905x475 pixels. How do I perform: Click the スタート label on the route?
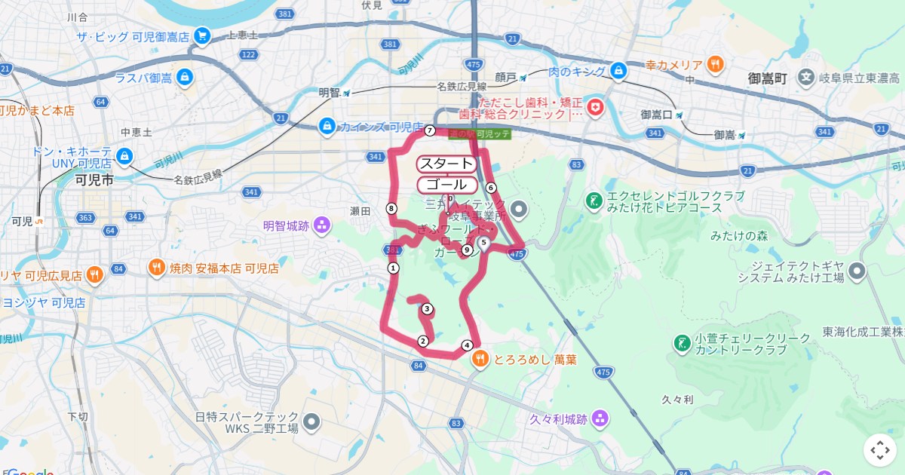446,164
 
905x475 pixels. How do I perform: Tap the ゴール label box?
446,185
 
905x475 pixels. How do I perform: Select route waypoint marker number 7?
430,130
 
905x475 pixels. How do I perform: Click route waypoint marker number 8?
391,208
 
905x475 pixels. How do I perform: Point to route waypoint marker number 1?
393,268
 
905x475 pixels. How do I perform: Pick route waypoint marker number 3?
427,308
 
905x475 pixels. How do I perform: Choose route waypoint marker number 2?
422,341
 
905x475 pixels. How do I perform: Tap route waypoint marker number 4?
467,345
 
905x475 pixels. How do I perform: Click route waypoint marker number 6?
491,188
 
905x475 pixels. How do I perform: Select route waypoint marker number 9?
467,250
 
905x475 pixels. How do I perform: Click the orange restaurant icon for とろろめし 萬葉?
480,360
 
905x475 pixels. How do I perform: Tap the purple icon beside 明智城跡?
322,225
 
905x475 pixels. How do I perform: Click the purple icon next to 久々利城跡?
600,418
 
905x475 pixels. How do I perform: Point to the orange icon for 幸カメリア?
716,64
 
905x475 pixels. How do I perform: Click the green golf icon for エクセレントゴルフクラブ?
594,201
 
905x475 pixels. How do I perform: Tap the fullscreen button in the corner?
880,450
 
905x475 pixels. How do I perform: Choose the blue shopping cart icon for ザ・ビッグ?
201,35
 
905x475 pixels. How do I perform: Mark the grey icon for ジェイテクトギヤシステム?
857,271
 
